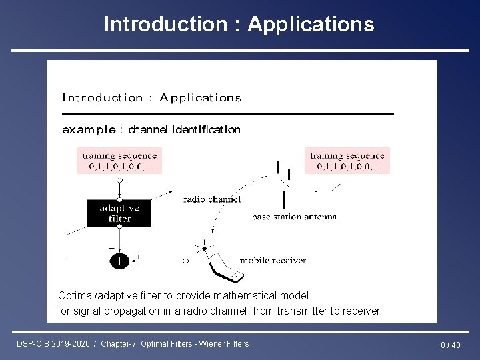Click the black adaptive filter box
tap(119, 212)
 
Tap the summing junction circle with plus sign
tap(119, 261)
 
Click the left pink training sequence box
tap(118, 160)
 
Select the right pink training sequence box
tap(347, 160)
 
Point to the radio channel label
tap(212, 199)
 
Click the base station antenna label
tap(294, 217)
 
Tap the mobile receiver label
tap(273, 261)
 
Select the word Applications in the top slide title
tap(311, 25)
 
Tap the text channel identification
tap(184, 129)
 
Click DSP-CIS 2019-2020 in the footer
tap(54, 343)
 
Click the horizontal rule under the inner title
tap(227, 114)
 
